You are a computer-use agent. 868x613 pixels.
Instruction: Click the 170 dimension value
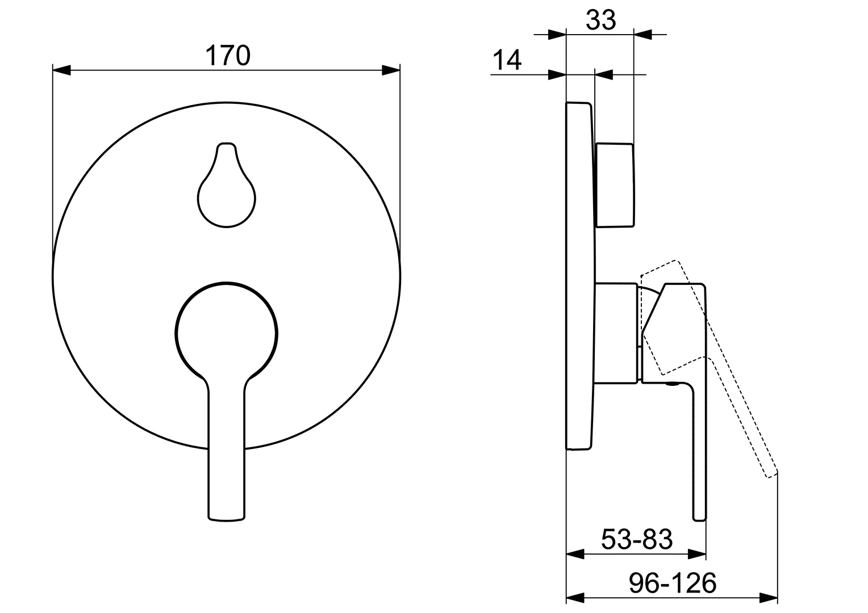227,56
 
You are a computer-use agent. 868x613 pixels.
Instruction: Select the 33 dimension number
600,20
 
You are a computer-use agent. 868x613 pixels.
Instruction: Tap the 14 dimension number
506,60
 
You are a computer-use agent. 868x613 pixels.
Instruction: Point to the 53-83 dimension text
636,539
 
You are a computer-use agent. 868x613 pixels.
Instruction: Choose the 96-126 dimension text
673,583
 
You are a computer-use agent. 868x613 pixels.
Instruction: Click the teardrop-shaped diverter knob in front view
227,193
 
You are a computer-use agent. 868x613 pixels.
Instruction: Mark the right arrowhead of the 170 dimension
391,70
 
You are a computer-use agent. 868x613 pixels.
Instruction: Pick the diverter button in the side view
614,185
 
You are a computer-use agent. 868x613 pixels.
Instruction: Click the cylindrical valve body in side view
616,333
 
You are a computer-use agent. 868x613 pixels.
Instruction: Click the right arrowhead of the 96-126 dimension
769,598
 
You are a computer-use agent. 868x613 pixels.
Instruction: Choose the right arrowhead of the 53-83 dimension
697,553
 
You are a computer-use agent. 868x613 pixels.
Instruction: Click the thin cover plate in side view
579,276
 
